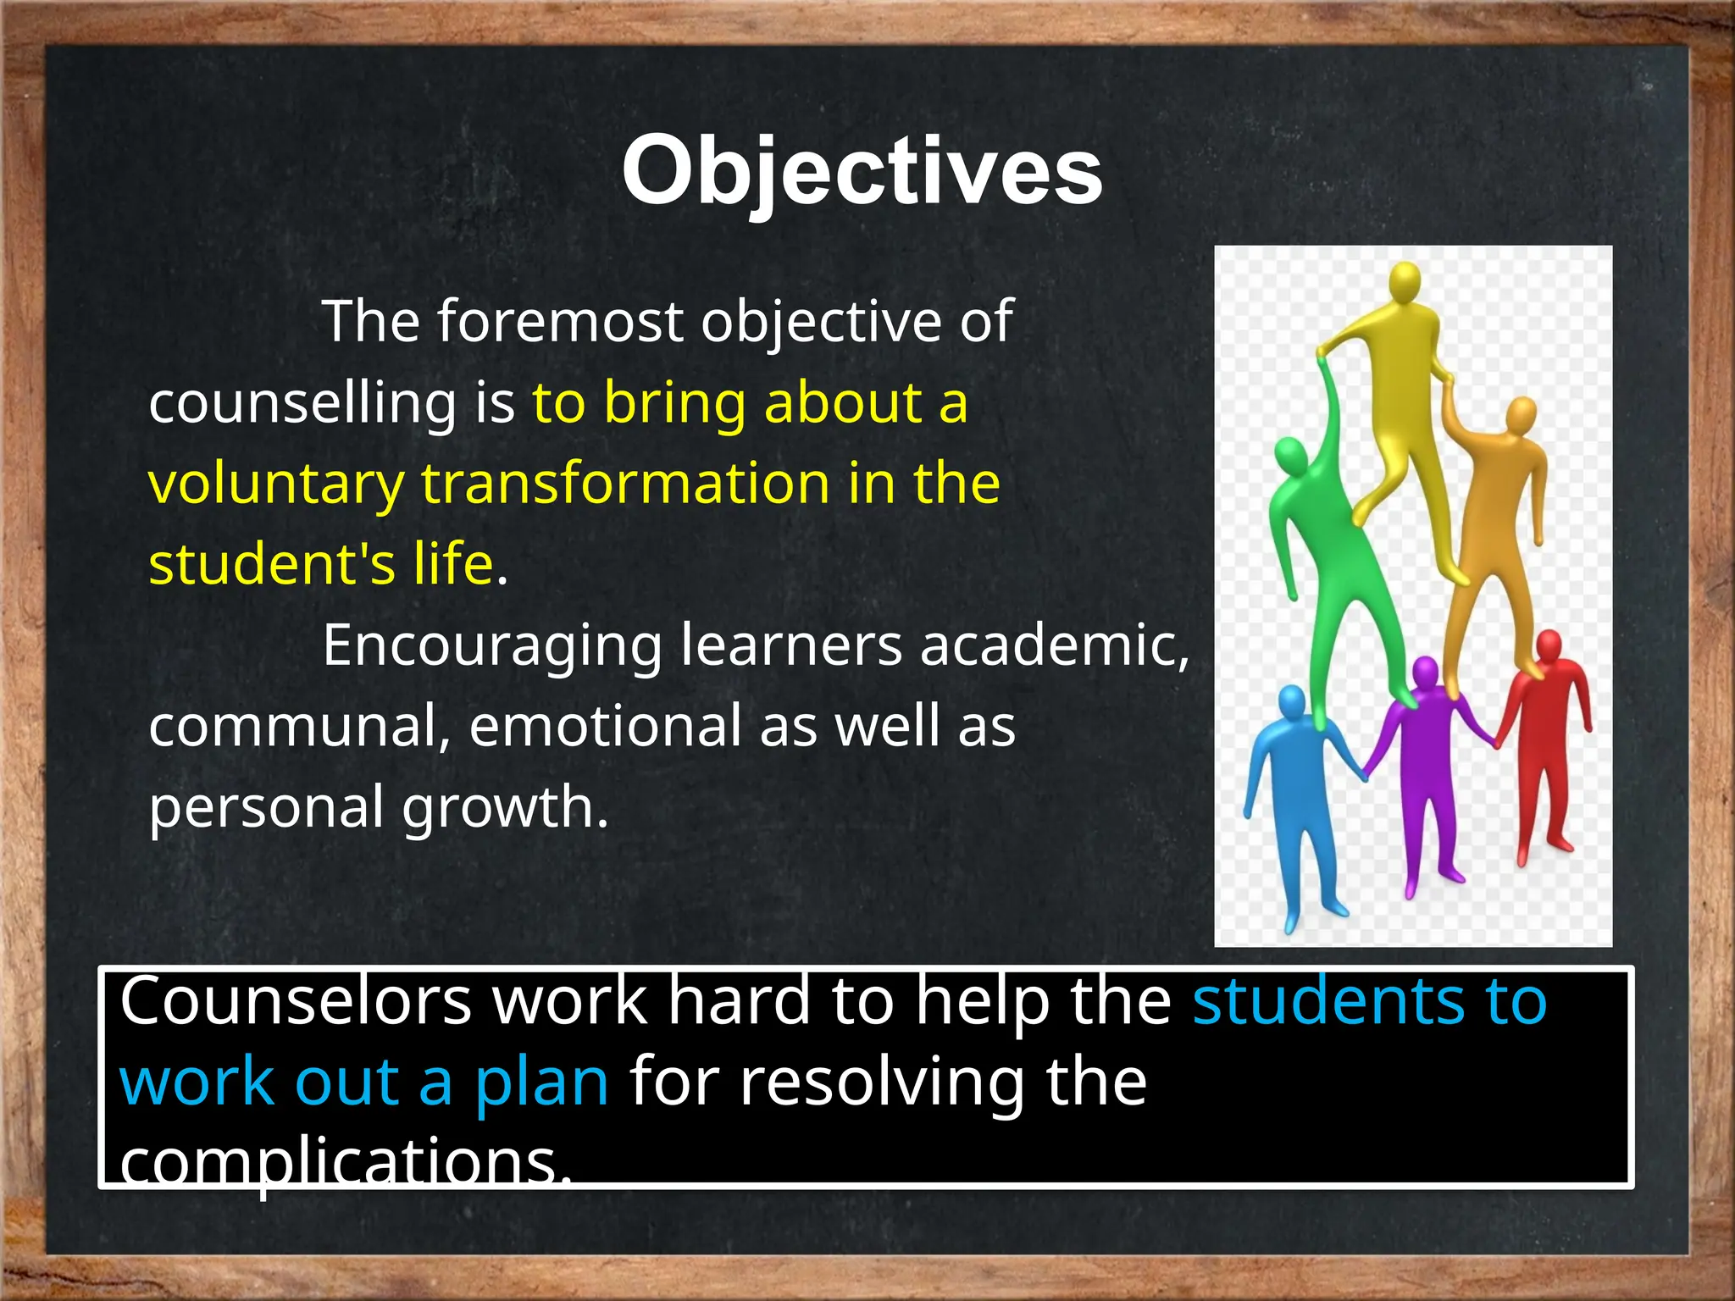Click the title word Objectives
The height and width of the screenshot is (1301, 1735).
(862, 172)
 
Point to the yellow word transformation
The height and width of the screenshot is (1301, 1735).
(625, 484)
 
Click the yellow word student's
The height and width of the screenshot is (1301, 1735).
(272, 564)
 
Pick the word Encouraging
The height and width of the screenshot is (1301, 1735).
(492, 645)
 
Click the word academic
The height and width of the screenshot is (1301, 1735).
(1054, 645)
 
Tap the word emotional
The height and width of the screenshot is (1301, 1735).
(605, 727)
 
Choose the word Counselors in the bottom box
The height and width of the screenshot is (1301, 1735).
(296, 1002)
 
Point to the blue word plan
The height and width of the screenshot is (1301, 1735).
(541, 1083)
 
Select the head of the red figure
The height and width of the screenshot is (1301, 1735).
(1549, 647)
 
